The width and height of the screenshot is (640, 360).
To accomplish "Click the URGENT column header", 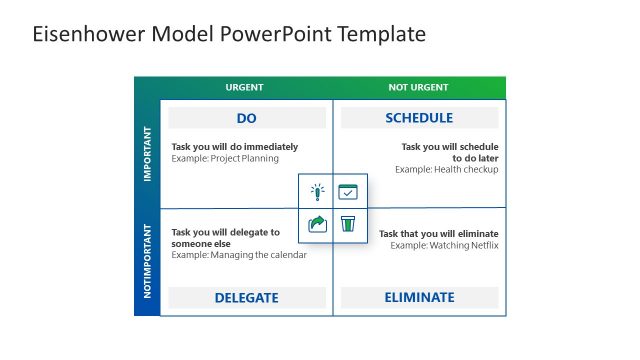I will coord(245,88).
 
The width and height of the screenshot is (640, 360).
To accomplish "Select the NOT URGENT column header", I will coord(418,88).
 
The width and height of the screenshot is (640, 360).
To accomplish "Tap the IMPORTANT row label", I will coord(147,153).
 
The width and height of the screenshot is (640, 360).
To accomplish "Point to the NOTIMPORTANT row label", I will coord(147,263).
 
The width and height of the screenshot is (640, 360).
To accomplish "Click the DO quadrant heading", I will coord(247,118).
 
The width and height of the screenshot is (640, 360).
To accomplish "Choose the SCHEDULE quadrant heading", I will coord(419,118).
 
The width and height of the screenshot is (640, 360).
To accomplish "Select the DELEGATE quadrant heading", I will coord(247,298).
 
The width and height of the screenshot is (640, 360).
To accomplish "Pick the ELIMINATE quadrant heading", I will coord(419,298).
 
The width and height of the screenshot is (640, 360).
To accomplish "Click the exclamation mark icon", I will coord(317,192).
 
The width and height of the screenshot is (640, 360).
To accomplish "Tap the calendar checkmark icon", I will coord(347,192).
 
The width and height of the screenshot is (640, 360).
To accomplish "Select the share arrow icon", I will coord(317,224).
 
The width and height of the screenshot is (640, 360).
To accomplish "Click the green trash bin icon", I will coord(347,224).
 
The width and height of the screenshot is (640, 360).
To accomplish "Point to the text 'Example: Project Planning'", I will coord(225,158).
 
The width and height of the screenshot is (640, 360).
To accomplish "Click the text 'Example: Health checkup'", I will coord(446,169).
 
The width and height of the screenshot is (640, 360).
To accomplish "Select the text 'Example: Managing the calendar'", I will coord(239,255).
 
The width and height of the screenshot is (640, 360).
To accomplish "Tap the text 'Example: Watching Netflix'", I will coord(444,245).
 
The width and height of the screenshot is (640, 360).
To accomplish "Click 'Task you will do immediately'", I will coord(234,147).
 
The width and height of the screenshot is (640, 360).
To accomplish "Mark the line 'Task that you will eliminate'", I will coord(438,234).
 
